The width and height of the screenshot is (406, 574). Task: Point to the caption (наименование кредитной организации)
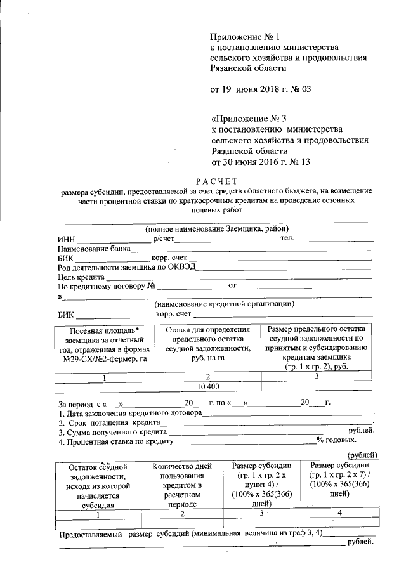click(225, 303)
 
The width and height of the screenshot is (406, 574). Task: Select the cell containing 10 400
click(209, 386)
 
